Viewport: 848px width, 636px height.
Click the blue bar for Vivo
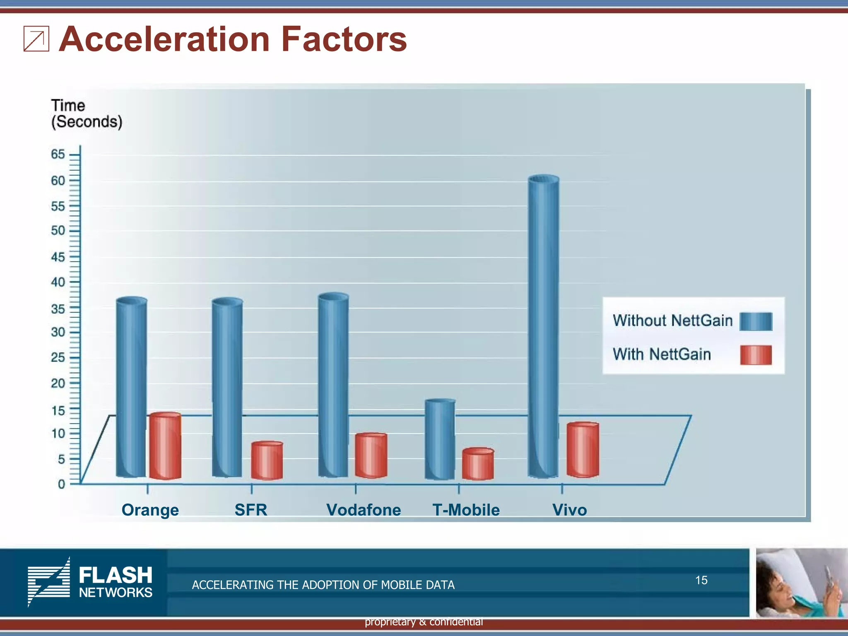tap(543, 327)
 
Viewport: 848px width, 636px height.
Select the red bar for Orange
tap(165, 446)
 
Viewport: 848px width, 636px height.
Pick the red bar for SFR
tap(267, 461)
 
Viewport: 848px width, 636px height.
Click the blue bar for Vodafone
tap(333, 385)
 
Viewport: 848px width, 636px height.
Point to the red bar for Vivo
tap(583, 450)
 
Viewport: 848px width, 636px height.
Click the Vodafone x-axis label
tap(364, 510)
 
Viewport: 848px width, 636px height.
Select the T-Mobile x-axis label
tap(466, 510)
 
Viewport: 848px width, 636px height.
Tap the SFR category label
tap(251, 510)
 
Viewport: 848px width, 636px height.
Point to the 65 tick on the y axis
tap(58, 154)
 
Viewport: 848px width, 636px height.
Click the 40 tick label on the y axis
tap(58, 282)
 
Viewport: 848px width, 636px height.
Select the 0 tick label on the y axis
tap(61, 484)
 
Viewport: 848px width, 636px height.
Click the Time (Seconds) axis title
tap(86, 114)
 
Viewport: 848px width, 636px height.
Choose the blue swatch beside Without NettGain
tap(756, 321)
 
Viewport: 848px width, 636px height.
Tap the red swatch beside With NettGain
tap(756, 355)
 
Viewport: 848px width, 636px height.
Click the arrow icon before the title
tap(36, 39)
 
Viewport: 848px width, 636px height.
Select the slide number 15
tap(701, 580)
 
